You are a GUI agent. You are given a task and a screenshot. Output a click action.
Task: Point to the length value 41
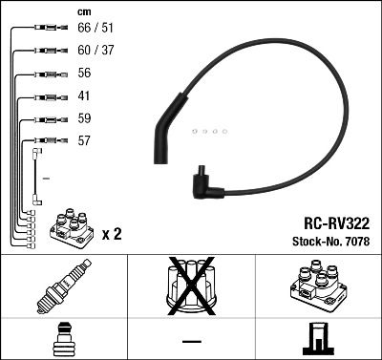pyautogui.click(x=84, y=96)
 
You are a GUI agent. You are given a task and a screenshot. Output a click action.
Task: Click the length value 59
pyautogui.click(x=85, y=119)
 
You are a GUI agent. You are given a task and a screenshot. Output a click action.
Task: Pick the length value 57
pyautogui.click(x=85, y=140)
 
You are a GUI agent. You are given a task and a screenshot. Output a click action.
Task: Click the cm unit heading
pyautogui.click(x=84, y=12)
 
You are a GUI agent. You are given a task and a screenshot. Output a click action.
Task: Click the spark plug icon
pyautogui.click(x=63, y=291)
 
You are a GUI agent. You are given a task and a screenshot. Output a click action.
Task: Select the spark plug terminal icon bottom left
pyautogui.click(x=63, y=339)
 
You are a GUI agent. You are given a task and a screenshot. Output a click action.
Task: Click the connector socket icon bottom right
pyautogui.click(x=317, y=339)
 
